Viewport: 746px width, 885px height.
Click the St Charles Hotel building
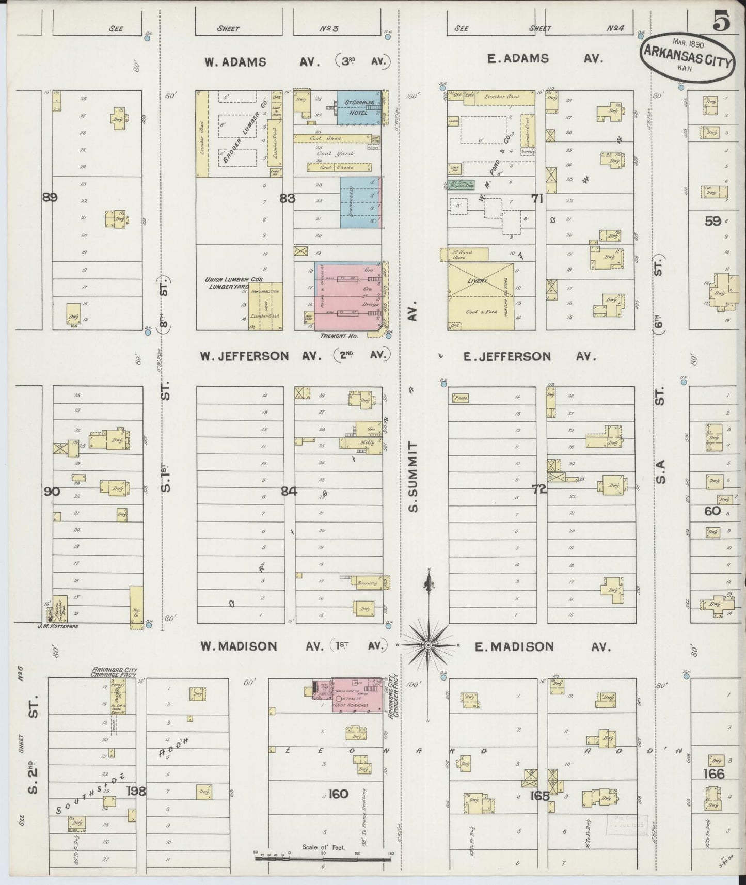pos(358,107)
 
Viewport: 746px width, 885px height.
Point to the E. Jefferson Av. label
pos(529,356)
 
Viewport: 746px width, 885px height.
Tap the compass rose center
pos(428,645)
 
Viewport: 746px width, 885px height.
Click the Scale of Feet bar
pos(323,859)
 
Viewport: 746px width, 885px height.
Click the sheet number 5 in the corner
pos(721,22)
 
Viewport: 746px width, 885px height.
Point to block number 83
pos(287,197)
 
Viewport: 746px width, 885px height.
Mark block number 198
pos(138,791)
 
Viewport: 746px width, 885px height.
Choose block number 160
pos(338,794)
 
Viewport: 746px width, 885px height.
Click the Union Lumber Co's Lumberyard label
pos(233,282)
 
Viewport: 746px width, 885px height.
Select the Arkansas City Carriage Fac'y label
pos(113,672)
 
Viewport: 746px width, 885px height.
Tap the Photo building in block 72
pos(460,398)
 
